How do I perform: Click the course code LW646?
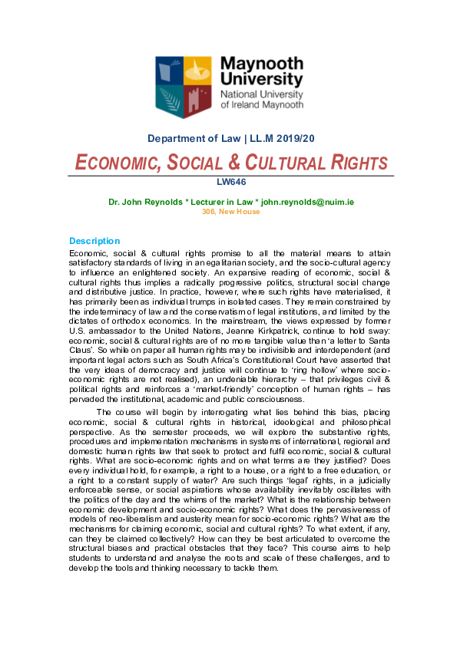click(x=228, y=182)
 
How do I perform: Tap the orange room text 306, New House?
click(x=228, y=211)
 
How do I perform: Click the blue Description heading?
click(x=94, y=241)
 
